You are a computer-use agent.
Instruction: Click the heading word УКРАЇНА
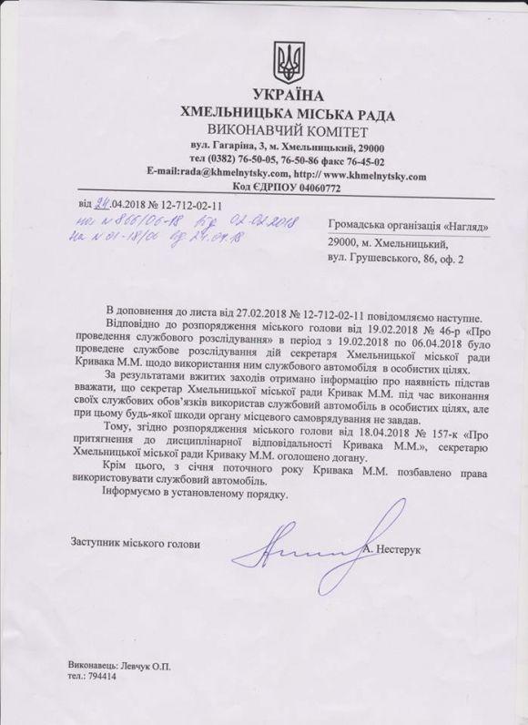click(x=290, y=97)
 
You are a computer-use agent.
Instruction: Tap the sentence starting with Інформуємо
click(x=209, y=496)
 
